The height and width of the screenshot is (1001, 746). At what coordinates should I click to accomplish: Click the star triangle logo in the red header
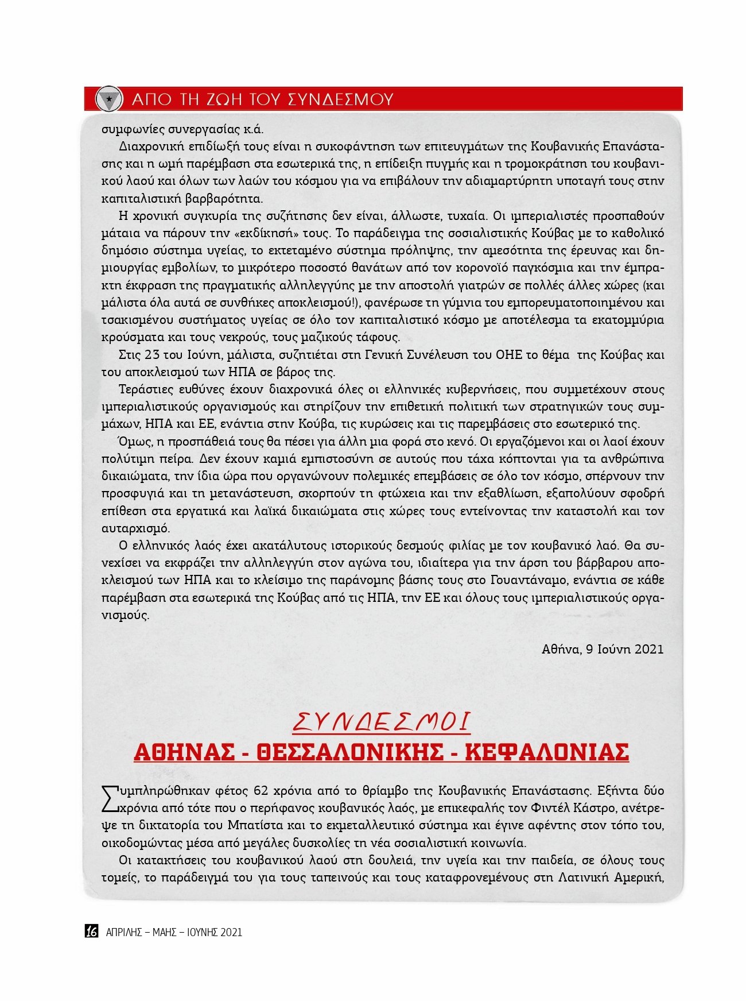click(x=109, y=99)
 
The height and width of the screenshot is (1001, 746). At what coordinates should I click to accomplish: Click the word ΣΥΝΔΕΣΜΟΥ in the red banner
click(x=340, y=99)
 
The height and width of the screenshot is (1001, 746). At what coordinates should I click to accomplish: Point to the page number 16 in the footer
click(x=92, y=932)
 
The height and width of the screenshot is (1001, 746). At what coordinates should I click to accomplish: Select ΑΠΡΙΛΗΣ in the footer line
click(x=124, y=932)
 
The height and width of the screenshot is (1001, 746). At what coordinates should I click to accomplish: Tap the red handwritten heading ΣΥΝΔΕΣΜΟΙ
click(x=382, y=722)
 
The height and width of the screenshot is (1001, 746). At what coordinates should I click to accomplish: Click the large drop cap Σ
click(x=110, y=799)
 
